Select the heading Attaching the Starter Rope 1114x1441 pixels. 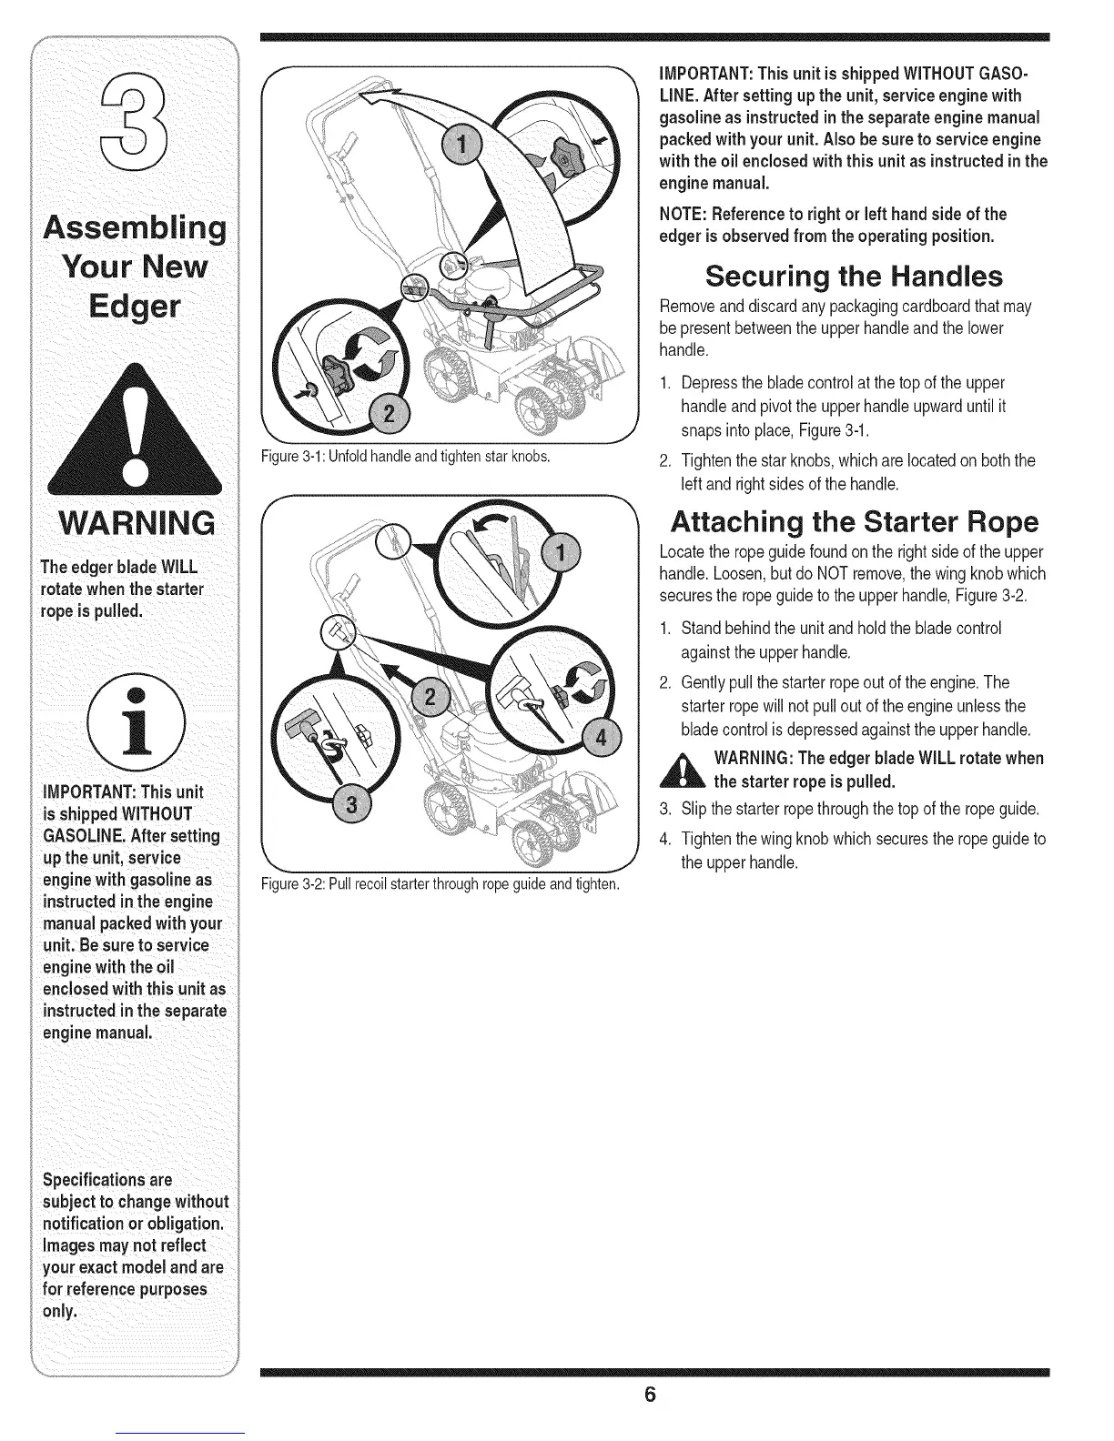(854, 522)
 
